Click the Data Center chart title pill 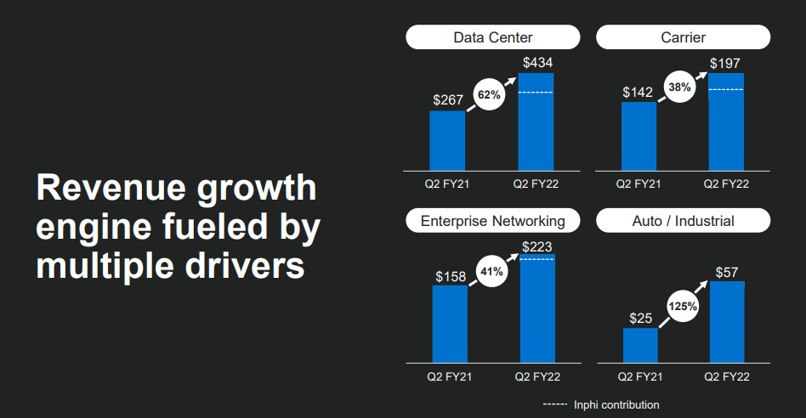pos(493,37)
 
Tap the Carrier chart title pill pos(683,37)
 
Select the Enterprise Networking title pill pos(493,221)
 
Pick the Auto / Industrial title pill pos(683,221)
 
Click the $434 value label pos(536,63)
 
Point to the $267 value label pos(447,100)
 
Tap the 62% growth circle pos(489,95)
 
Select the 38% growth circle pos(679,87)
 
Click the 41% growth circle pos(492,272)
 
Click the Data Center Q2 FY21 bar pos(447,140)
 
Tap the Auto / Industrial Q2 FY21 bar pos(640,345)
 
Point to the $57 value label pos(726,272)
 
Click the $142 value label pos(638,92)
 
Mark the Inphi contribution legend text pos(616,405)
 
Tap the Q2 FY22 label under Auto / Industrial pos(726,376)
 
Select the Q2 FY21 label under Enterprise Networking pos(449,376)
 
